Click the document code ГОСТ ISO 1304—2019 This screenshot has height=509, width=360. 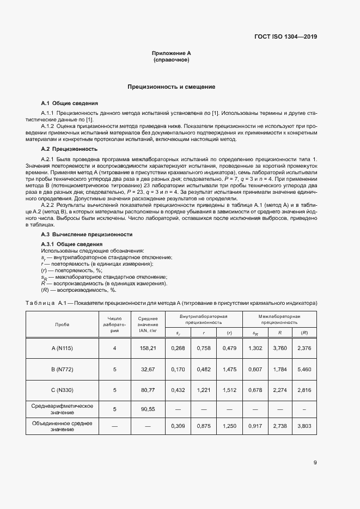(x=286, y=37)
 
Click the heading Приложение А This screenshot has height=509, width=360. (x=172, y=53)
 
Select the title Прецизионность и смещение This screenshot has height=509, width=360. (x=172, y=87)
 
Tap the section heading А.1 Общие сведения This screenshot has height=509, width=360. (x=70, y=103)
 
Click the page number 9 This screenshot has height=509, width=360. (x=315, y=463)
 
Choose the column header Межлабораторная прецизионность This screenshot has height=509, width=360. (x=279, y=319)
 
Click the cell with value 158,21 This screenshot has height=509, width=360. (x=148, y=347)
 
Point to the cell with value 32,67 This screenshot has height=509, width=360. (x=148, y=369)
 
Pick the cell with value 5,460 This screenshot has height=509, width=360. (x=304, y=369)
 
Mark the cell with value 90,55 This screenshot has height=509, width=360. (x=148, y=409)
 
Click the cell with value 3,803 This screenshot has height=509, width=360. (x=304, y=426)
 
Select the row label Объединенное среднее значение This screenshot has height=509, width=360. (x=62, y=426)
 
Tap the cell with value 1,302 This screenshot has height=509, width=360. (x=255, y=347)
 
